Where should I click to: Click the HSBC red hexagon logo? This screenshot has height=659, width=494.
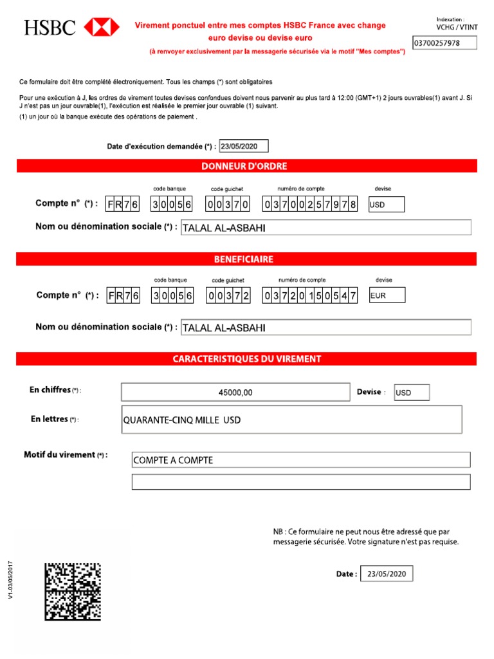[x=102, y=27]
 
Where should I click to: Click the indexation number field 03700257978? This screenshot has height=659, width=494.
[x=444, y=43]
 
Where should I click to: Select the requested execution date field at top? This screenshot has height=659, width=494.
[x=244, y=146]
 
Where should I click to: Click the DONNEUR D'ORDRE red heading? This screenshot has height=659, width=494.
[x=246, y=166]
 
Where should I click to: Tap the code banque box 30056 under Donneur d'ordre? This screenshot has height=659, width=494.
[x=172, y=205]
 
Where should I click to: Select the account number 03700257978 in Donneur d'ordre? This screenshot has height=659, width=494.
[x=310, y=205]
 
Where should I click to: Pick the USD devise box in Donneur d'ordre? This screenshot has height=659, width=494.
[x=386, y=205]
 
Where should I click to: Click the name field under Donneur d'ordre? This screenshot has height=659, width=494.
[x=326, y=228]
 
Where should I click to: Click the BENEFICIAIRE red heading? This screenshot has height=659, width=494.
[x=246, y=259]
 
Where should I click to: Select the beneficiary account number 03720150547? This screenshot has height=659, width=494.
[x=310, y=295]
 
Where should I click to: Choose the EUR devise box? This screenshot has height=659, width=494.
[x=387, y=295]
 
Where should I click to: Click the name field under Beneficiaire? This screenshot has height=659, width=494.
[x=326, y=328]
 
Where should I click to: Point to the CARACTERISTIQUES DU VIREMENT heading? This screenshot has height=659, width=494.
[x=246, y=359]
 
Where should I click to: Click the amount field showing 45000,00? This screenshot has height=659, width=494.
[x=235, y=392]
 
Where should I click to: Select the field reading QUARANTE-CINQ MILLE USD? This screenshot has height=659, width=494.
[x=291, y=420]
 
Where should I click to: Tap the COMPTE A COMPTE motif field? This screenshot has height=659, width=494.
[x=300, y=460]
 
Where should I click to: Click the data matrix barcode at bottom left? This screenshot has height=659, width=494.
[x=73, y=591]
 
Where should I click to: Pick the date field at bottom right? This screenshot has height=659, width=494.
[x=386, y=574]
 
